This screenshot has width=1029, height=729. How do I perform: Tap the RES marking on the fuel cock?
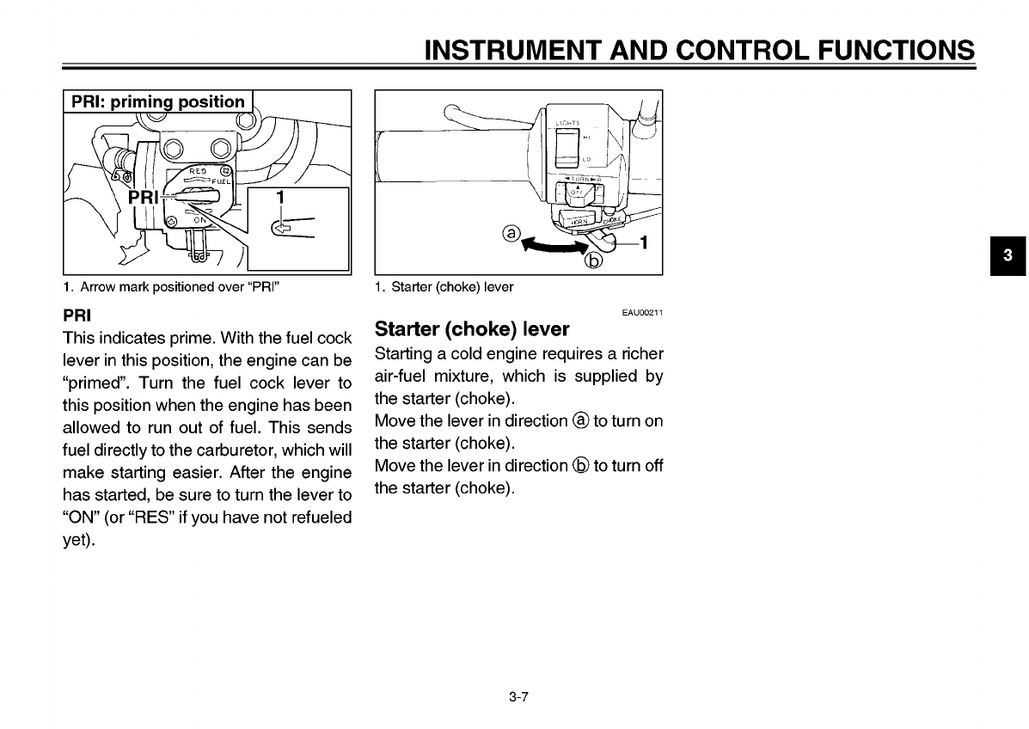(199, 171)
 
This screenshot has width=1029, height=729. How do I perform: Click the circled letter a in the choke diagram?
(512, 233)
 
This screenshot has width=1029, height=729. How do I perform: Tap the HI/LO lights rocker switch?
(567, 148)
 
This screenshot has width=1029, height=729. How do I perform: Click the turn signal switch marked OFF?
(578, 194)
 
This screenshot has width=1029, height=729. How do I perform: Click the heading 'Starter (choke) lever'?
(472, 329)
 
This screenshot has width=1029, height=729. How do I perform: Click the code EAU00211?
(642, 313)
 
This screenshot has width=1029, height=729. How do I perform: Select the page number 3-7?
(517, 697)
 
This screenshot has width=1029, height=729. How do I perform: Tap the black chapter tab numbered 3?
(1008, 255)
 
